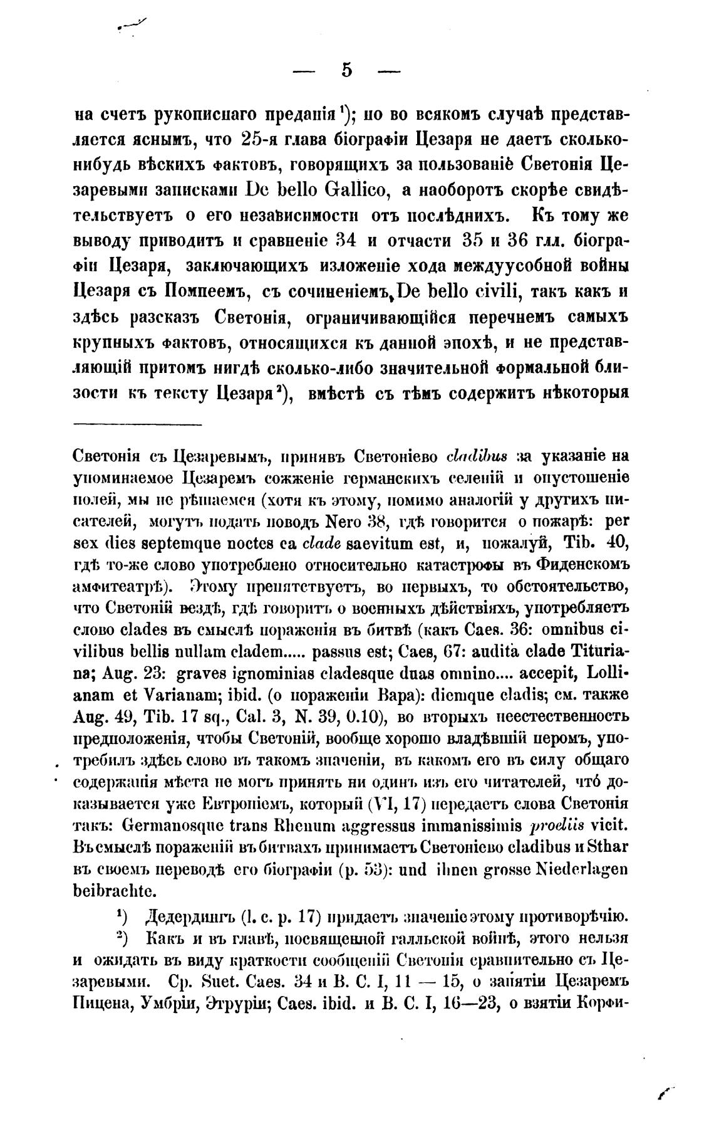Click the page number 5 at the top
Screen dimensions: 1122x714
pos(347,71)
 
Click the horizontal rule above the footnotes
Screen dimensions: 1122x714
pos(138,426)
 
